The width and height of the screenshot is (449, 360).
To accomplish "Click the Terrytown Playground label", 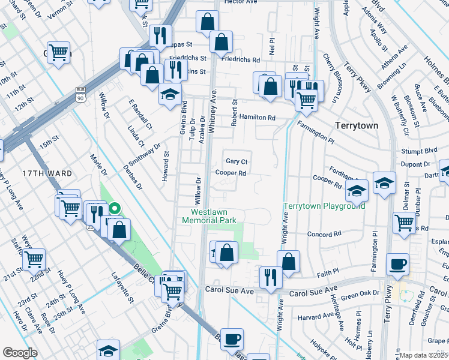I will pos(324,206).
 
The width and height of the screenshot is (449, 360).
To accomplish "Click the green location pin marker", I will pos(115,209).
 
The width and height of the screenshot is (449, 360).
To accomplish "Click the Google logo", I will pos(19,353).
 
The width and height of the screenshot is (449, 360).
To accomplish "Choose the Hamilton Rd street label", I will pos(257,118).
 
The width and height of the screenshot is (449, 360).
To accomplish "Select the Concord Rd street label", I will pos(324,234).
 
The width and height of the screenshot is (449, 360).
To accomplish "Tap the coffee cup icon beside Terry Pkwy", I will pos(397,263).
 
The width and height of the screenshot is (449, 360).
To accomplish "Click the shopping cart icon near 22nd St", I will pos(34,259).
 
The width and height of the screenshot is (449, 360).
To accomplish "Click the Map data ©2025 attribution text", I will pos(424,355).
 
